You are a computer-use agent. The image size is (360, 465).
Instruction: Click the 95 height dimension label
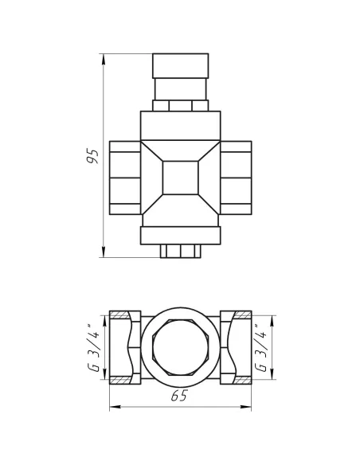(92, 156)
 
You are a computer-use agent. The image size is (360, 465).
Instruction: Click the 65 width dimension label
(180, 397)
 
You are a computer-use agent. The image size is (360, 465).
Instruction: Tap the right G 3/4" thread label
(261, 348)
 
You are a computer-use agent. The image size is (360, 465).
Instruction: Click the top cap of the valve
(181, 66)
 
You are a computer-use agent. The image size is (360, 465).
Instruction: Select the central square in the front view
(180, 178)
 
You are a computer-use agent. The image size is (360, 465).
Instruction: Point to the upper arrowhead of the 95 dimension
(104, 59)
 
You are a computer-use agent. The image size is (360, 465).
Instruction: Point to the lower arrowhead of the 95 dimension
(104, 252)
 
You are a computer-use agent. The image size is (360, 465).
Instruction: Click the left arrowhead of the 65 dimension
(115, 407)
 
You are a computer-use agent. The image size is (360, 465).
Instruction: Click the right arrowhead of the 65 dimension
(245, 407)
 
